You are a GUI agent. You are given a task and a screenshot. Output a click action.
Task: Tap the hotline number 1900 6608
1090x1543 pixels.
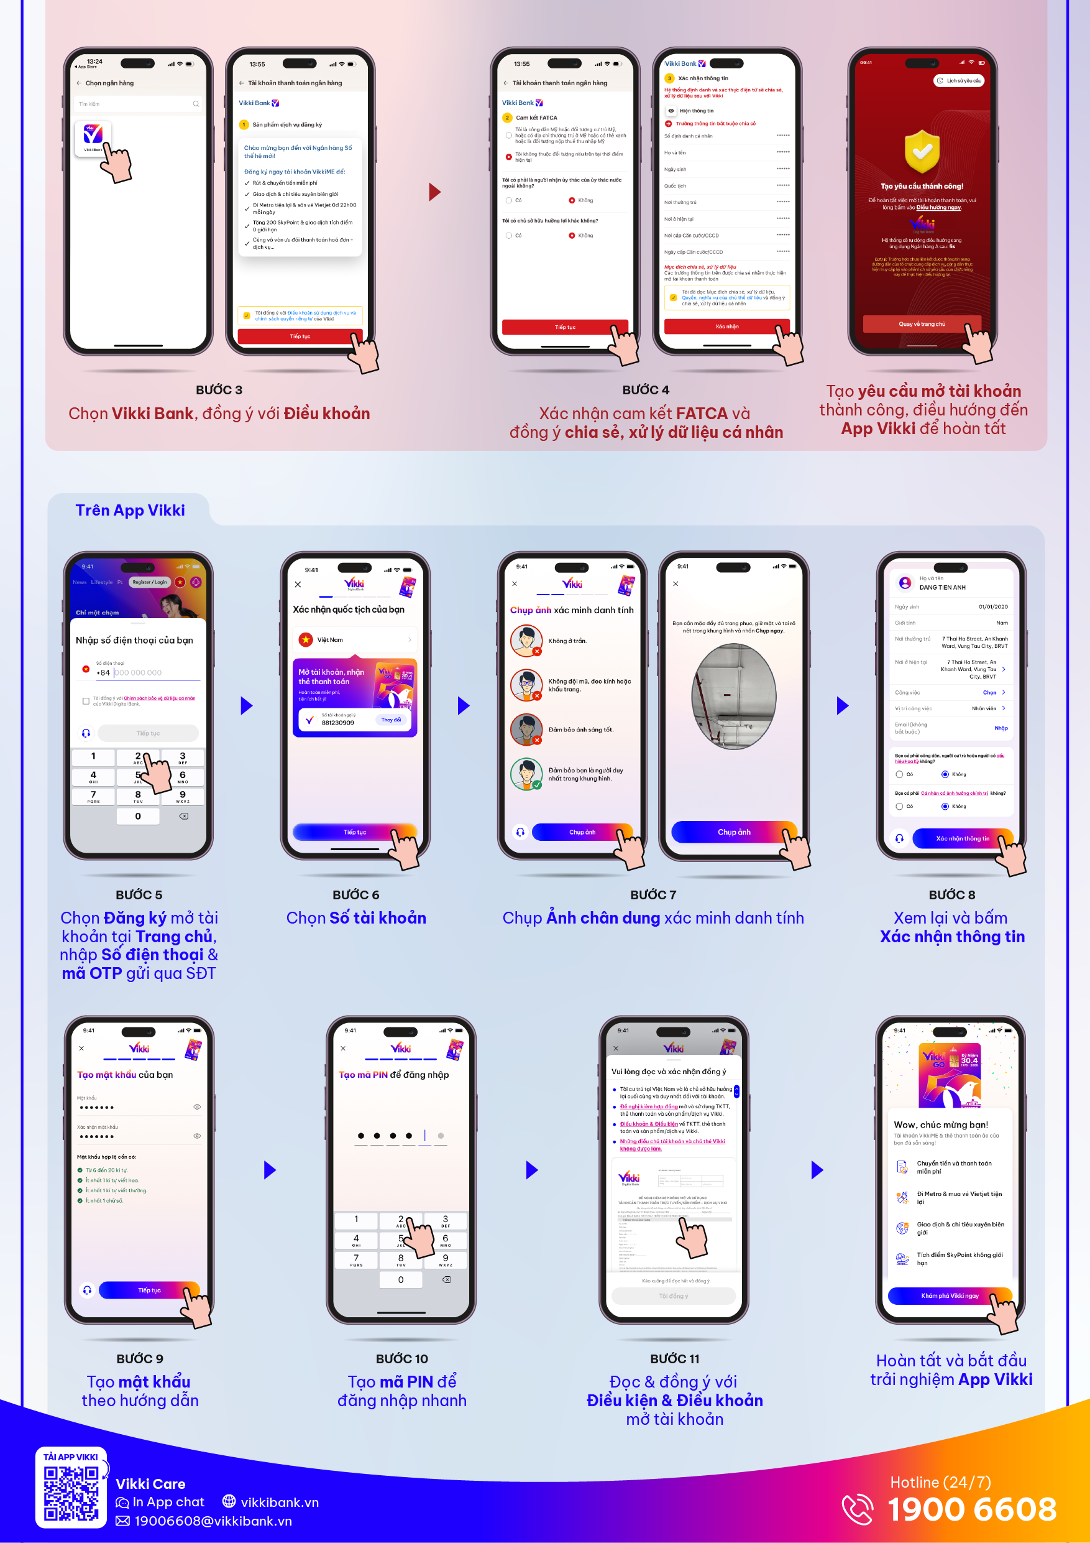click(x=971, y=1509)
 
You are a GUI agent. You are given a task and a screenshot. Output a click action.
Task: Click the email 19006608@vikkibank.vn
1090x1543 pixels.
click(x=213, y=1521)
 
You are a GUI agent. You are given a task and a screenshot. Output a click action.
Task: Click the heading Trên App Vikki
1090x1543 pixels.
click(x=130, y=510)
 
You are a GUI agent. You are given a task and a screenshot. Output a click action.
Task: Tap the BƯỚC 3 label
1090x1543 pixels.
click(x=219, y=390)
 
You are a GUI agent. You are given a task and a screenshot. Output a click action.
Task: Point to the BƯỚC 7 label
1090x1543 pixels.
click(x=653, y=894)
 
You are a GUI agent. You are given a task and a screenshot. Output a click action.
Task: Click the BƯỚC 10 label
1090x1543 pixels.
click(x=401, y=1358)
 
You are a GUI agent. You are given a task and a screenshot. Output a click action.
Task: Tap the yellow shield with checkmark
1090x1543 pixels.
click(x=922, y=151)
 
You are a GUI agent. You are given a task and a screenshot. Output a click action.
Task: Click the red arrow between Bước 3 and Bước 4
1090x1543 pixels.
click(x=434, y=192)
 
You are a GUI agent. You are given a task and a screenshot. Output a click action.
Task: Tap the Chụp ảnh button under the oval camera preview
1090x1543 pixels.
click(x=733, y=832)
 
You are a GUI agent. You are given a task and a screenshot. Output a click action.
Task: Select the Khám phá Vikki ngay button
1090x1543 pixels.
click(x=949, y=1295)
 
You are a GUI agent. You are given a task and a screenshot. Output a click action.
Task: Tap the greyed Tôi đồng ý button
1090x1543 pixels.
click(x=673, y=1295)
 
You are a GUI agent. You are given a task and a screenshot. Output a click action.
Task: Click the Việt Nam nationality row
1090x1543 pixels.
click(x=355, y=639)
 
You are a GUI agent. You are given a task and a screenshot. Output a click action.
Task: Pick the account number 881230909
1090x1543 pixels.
click(x=337, y=723)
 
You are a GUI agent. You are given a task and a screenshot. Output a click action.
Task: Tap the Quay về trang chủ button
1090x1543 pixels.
click(x=922, y=324)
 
